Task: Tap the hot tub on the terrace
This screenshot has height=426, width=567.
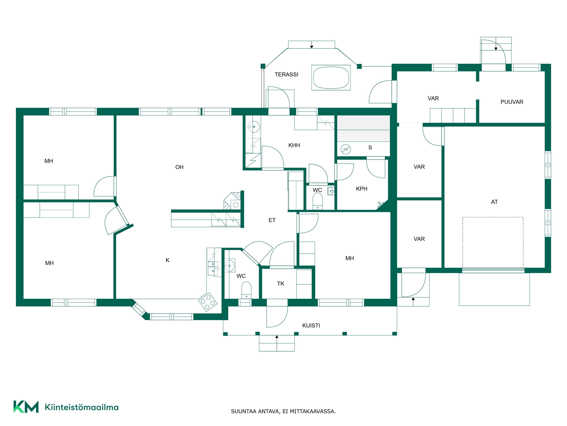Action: click(x=331, y=78)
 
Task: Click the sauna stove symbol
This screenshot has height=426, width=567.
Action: click(x=346, y=149)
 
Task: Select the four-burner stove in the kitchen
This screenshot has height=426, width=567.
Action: click(x=208, y=302)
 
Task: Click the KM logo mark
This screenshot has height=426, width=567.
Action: click(x=26, y=407)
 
